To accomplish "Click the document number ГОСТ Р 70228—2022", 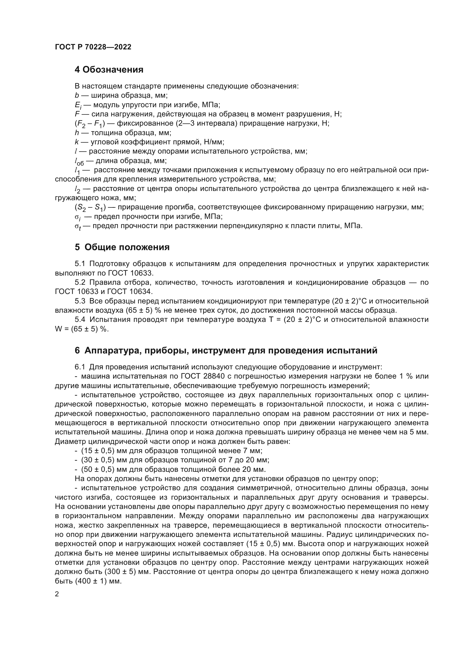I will tap(93, 47).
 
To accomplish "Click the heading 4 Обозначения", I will tap(109, 70).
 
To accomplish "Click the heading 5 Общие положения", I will tap(122, 247).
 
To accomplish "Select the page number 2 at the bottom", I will tap(57, 594).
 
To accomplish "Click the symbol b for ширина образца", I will tap(77, 95).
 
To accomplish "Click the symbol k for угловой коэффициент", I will tap(77, 142).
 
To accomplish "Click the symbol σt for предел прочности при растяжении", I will tap(78, 226).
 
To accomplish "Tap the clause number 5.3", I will tap(80, 301).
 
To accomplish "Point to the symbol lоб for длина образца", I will tap(79, 161).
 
